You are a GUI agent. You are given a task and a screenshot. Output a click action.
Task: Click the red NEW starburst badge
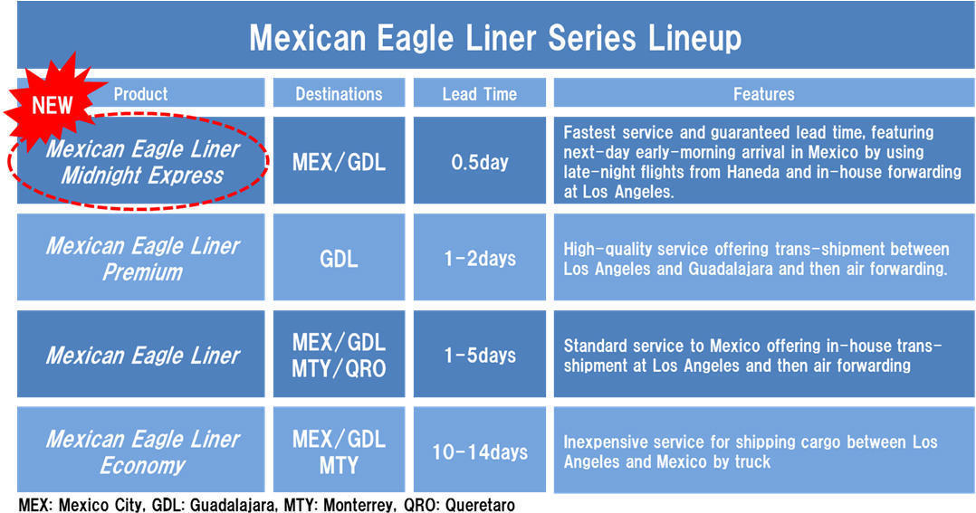[x=53, y=103]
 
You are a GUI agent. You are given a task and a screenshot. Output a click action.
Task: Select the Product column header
[x=140, y=94]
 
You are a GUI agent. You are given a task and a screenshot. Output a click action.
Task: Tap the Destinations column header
[x=339, y=94]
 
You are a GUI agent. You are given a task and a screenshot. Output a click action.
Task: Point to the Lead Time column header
[x=479, y=94]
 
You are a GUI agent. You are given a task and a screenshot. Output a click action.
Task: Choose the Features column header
[x=764, y=94]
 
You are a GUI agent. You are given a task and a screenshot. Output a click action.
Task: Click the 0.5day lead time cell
[x=479, y=161]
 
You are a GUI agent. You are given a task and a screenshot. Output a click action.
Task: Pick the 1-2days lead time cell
[x=479, y=258]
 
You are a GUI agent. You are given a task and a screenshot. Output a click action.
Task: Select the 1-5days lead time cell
[x=479, y=355]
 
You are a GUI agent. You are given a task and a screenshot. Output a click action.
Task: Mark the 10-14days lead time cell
[x=479, y=451]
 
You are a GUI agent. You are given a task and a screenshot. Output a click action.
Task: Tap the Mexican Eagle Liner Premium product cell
[x=140, y=258]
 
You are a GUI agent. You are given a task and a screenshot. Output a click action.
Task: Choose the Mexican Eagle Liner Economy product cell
[x=140, y=451]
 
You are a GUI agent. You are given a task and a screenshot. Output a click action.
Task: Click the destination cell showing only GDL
[x=339, y=258]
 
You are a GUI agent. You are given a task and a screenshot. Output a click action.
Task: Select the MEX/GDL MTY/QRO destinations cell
[x=339, y=355]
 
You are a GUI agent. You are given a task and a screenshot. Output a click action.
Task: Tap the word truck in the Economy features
[x=751, y=462]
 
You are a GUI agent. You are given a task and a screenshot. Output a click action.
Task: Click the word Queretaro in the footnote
[x=480, y=504]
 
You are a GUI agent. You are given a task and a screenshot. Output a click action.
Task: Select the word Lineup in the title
[x=694, y=38]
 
